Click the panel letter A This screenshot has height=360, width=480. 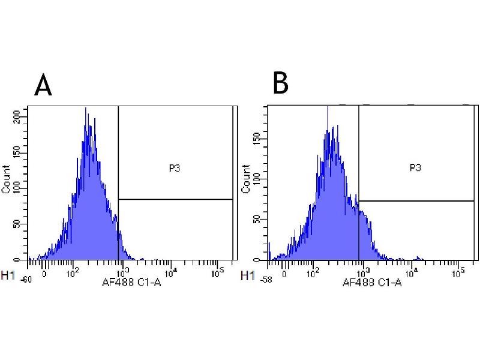click(x=43, y=86)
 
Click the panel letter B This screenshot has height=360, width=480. click(x=280, y=83)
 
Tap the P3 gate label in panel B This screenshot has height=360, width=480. click(x=415, y=167)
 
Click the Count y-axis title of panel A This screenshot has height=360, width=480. click(x=6, y=178)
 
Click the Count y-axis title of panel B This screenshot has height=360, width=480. click(x=245, y=178)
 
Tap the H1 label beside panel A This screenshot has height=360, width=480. click(x=8, y=276)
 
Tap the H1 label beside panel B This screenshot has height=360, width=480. click(x=247, y=276)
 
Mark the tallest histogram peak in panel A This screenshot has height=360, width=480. click(x=86, y=109)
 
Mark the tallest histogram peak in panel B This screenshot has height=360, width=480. click(x=328, y=108)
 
